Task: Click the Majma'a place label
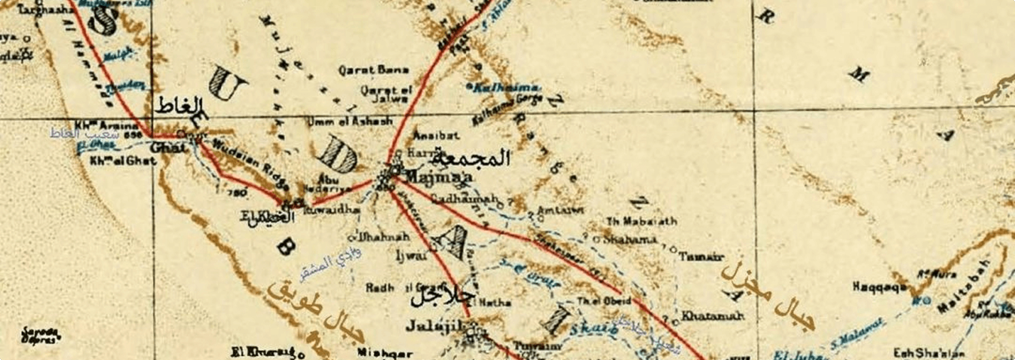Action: point(439,178)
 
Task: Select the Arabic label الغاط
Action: point(180,107)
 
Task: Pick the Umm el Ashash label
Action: point(350,121)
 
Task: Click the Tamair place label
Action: point(700,257)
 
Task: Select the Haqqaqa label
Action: point(879,287)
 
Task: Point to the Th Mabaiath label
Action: point(641,222)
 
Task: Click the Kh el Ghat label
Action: point(123,161)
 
